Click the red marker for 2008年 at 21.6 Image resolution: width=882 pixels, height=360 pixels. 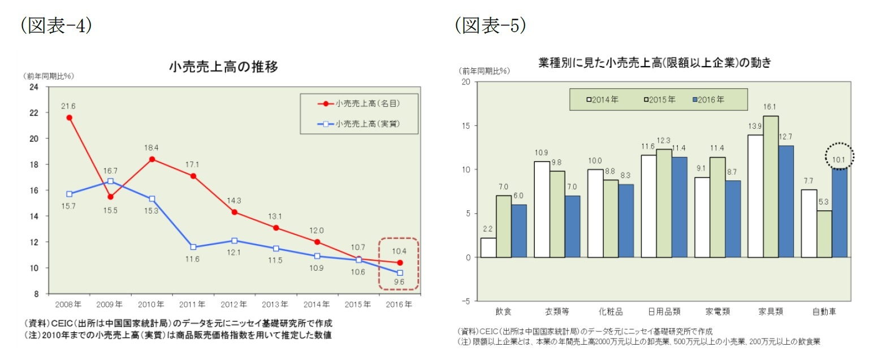point(69,118)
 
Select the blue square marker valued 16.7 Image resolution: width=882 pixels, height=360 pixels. point(110,181)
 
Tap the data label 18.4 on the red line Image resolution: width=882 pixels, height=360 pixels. point(152,147)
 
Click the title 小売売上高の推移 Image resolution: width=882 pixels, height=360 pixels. point(224,67)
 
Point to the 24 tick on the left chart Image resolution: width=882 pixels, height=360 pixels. point(33,87)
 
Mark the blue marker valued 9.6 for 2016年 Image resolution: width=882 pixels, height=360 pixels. point(400,273)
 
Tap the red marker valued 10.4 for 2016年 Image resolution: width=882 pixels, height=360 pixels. point(400,262)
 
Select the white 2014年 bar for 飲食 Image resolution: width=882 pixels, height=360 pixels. point(488,247)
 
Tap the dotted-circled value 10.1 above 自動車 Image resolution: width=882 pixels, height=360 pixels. point(839,159)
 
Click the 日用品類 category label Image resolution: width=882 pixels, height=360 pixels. point(664,311)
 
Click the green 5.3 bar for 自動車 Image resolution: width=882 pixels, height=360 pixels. point(824,233)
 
